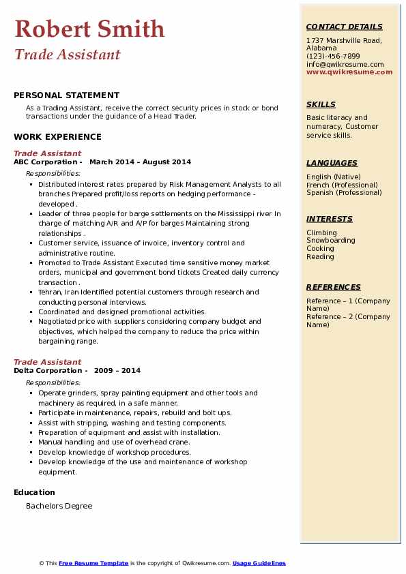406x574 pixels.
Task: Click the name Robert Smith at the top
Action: coord(89,29)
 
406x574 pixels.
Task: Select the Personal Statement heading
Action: coord(66,95)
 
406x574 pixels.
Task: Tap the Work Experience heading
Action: coord(57,137)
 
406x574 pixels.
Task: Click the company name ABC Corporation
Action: coord(45,162)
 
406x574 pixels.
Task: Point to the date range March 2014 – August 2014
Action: coord(140,162)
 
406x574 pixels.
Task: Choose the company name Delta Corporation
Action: coord(47,371)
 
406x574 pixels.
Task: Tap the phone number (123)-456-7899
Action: coord(333,57)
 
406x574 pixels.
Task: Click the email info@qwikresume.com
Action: coord(345,64)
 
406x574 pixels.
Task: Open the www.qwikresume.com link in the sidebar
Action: coord(349,72)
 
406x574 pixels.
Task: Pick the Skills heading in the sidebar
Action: coord(321,105)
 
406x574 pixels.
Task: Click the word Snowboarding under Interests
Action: coord(330,241)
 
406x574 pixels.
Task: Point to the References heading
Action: coord(333,288)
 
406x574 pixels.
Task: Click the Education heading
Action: coord(34,492)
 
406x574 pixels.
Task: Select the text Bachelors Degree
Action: coord(59,506)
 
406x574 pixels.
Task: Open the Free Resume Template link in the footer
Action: coord(93,563)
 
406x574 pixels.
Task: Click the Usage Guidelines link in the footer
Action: coord(259,563)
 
